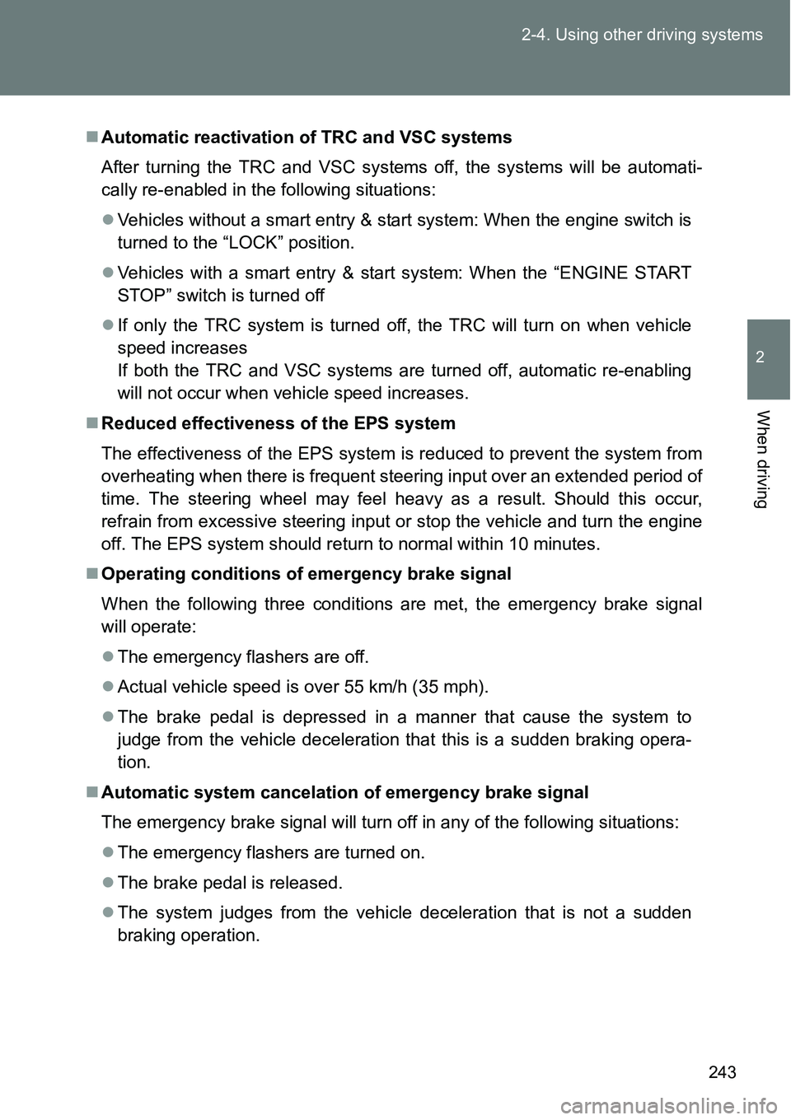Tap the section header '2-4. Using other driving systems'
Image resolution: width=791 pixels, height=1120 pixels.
[642, 35]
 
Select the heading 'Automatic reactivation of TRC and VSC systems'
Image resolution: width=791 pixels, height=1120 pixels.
[306, 137]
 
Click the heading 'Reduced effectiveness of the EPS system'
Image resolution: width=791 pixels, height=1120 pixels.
[278, 423]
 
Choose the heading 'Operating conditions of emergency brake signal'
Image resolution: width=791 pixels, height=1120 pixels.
[306, 573]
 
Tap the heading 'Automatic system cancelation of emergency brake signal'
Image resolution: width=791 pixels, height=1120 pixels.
[344, 792]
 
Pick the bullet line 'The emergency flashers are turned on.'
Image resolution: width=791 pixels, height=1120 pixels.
[271, 852]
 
